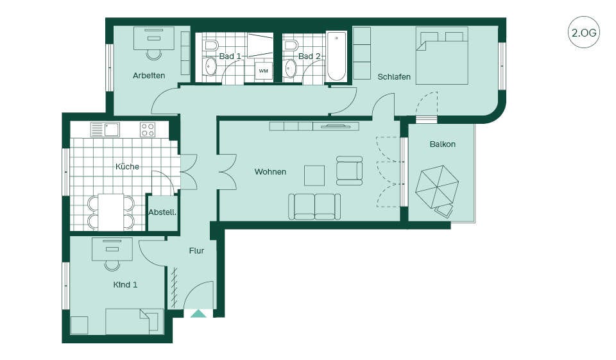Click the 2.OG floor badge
tap(584, 32)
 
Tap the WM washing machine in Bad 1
tap(263, 71)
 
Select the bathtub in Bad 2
tap(337, 56)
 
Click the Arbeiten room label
tap(148, 76)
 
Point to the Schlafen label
tap(394, 76)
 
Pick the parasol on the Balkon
tap(437, 188)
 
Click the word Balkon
tap(443, 144)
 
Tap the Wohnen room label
tap(270, 172)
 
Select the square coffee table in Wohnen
tap(314, 175)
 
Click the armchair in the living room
tap(349, 171)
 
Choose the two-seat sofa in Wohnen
tap(314, 207)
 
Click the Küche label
tap(127, 167)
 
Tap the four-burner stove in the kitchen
tap(148, 130)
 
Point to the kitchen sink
tap(112, 129)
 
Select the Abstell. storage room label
tap(162, 212)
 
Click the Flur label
tap(196, 251)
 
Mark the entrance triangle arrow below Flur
tap(199, 313)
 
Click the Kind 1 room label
tap(125, 284)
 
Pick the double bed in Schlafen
tap(442, 55)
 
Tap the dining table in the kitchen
tap(111, 212)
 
